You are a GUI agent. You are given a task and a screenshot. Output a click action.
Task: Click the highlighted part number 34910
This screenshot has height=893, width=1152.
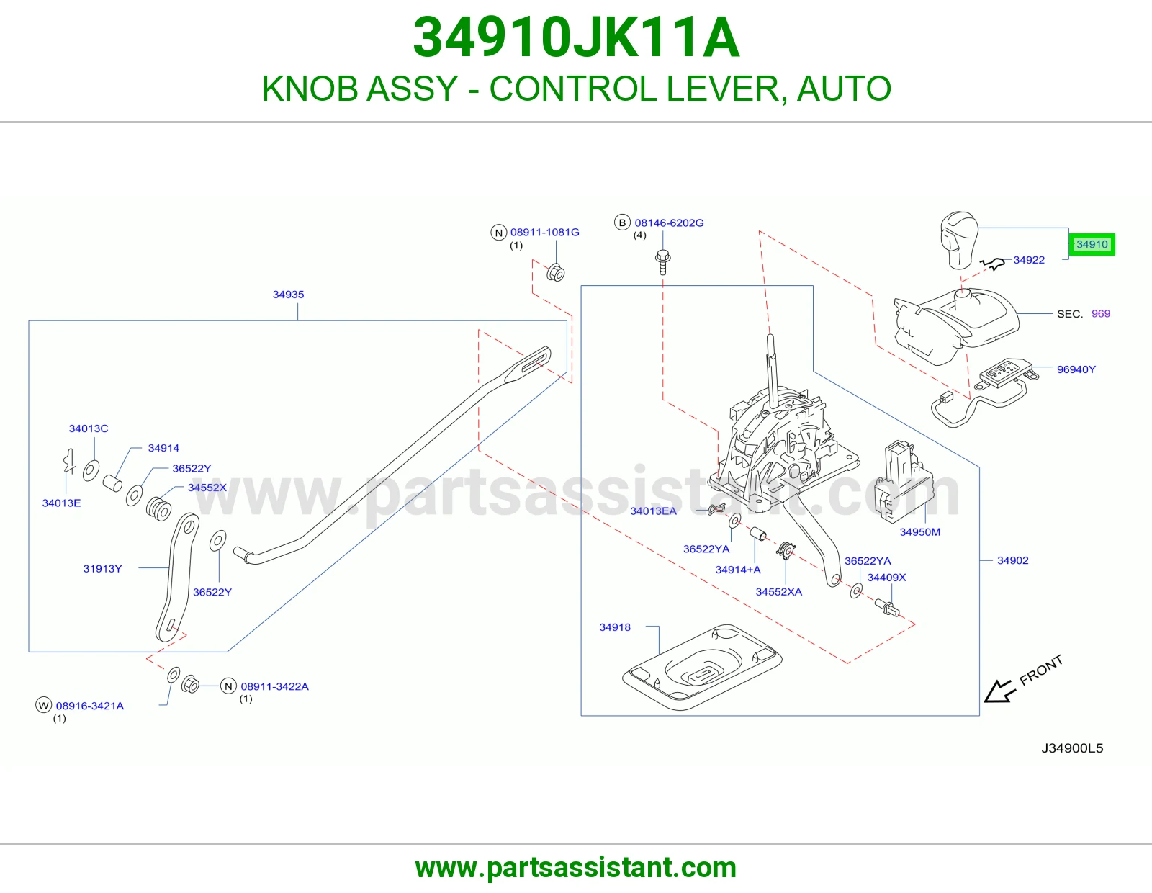click(x=1092, y=244)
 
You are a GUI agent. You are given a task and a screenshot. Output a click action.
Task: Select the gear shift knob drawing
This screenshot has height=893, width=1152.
click(x=959, y=241)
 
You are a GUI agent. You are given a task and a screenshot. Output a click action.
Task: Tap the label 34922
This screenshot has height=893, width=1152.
click(x=1029, y=260)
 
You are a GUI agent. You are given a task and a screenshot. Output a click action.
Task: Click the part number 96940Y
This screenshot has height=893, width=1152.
click(x=1076, y=369)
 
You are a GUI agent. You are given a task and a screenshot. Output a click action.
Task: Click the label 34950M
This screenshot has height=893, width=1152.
click(x=919, y=532)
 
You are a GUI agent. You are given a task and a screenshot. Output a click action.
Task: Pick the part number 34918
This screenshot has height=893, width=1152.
click(x=615, y=627)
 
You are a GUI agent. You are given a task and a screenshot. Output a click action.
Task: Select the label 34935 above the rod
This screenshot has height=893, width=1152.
click(x=289, y=295)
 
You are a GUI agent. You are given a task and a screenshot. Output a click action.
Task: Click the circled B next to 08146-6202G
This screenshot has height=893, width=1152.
click(x=622, y=223)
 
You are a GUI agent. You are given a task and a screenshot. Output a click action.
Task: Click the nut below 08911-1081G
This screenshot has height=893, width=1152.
click(x=556, y=272)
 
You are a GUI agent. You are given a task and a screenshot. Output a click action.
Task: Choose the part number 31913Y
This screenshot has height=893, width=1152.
click(x=102, y=568)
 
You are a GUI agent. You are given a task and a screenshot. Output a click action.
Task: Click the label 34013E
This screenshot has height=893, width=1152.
click(x=61, y=503)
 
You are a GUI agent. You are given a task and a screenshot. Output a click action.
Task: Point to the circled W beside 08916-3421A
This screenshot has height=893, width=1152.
click(x=43, y=705)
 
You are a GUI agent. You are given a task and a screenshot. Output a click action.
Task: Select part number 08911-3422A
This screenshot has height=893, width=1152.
click(x=274, y=686)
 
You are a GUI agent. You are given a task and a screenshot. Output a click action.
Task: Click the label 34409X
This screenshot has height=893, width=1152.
click(x=886, y=577)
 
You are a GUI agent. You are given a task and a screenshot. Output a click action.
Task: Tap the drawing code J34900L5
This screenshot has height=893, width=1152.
click(x=1072, y=748)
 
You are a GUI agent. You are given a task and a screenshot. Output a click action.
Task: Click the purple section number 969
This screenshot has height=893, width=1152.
click(x=1101, y=313)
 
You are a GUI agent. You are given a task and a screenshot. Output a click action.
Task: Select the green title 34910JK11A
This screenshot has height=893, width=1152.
click(x=576, y=37)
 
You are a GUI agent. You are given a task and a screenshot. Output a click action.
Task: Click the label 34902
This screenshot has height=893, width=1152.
click(x=1012, y=560)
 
